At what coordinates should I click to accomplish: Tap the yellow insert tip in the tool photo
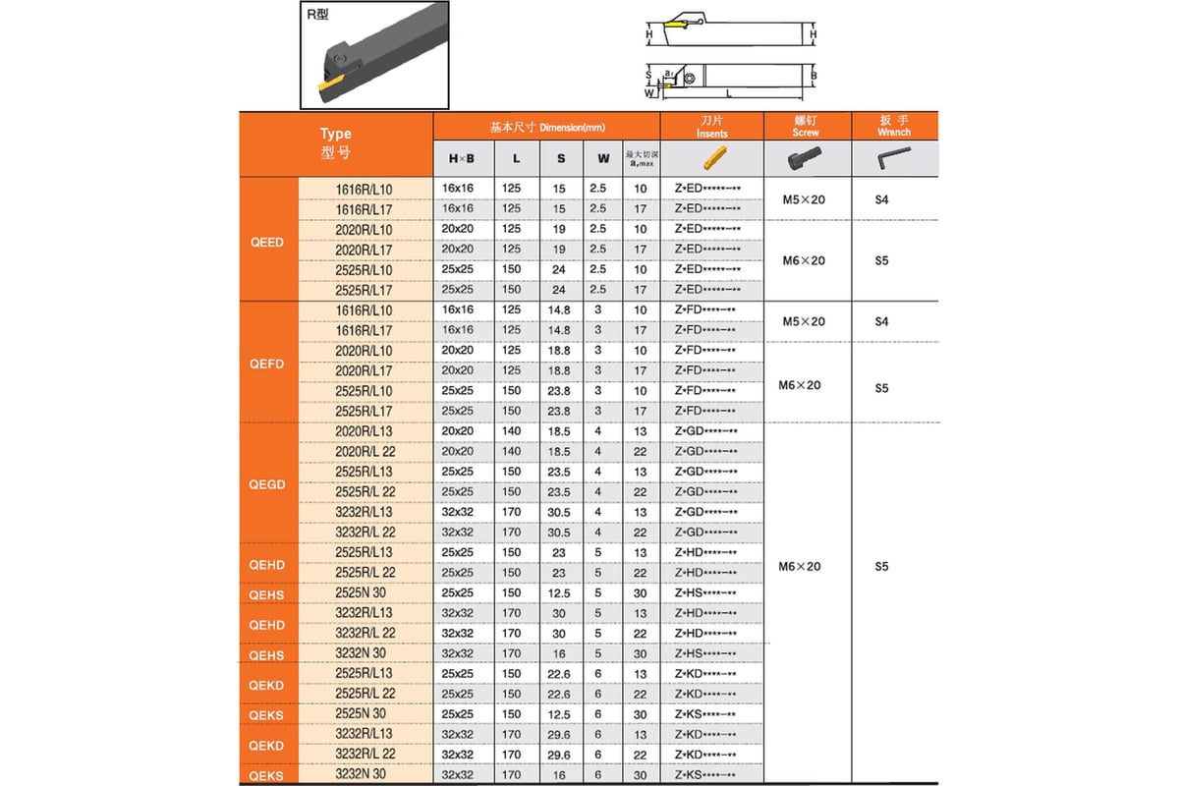[x=331, y=87]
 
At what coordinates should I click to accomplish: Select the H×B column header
[x=462, y=158]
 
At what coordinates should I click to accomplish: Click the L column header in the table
[x=517, y=158]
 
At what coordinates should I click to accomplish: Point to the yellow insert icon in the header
[x=711, y=158]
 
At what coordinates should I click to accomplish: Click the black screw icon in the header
[x=805, y=158]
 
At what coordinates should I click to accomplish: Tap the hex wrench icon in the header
[x=893, y=157]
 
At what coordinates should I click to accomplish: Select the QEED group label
[x=267, y=241]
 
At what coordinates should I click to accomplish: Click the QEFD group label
[x=267, y=363]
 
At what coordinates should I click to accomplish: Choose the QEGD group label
[x=267, y=484]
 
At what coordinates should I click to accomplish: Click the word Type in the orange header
[x=335, y=134]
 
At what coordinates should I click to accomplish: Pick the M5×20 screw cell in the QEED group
[x=803, y=199]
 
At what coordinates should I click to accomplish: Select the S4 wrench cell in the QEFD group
[x=881, y=321]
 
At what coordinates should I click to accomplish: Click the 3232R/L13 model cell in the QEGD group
[x=364, y=512]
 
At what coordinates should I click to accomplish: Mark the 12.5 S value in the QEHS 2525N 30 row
[x=559, y=593]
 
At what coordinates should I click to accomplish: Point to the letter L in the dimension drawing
[x=728, y=93]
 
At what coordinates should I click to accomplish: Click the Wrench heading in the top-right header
[x=894, y=132]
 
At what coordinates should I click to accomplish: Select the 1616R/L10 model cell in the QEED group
[x=364, y=188]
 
